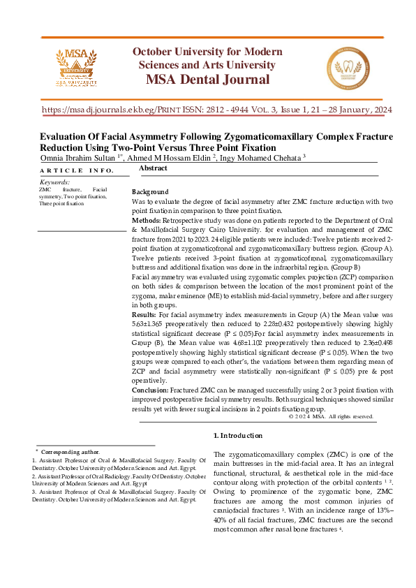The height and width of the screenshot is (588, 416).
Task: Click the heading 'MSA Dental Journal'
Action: tap(207, 78)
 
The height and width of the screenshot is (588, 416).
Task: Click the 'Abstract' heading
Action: tap(153, 169)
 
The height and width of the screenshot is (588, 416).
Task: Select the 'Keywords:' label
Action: tap(54, 182)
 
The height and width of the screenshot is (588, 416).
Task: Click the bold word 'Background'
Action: tap(150, 192)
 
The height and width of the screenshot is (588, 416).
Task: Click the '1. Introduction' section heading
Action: tap(237, 436)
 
